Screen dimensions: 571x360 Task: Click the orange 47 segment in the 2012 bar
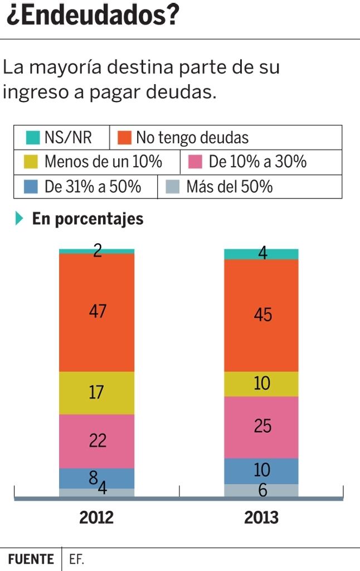coord(97,312)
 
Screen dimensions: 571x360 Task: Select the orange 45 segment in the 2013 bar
coord(261,315)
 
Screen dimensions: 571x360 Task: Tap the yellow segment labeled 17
coord(97,393)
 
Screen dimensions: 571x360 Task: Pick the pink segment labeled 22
coord(97,441)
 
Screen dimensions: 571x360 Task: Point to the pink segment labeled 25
coord(261,427)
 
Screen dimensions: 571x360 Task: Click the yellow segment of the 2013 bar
coord(261,384)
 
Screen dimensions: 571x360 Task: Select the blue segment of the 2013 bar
coord(261,471)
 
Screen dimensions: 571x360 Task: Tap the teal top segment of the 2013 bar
coord(261,254)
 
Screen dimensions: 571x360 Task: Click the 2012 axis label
coord(96,517)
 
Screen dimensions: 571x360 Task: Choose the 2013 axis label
coord(261,517)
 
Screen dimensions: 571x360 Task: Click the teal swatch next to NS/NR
coord(33,137)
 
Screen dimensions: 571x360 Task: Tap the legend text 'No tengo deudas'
coord(192,137)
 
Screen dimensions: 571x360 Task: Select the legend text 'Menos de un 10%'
coord(103,162)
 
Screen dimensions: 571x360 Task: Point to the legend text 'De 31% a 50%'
coord(93,186)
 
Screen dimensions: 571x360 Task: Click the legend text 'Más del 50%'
coord(230,186)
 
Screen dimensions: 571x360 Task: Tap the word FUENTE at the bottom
coord(31,559)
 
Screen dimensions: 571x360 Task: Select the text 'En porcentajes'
coord(87,219)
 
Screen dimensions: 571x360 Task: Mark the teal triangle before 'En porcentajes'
coord(20,219)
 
